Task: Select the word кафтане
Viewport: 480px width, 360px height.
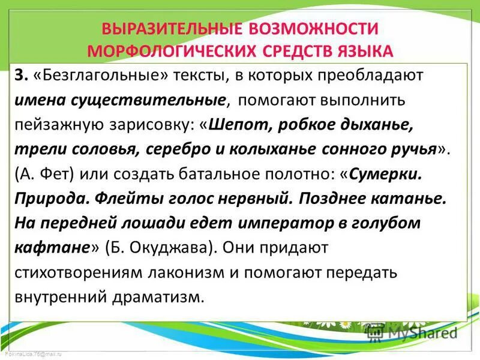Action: click(x=52, y=247)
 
